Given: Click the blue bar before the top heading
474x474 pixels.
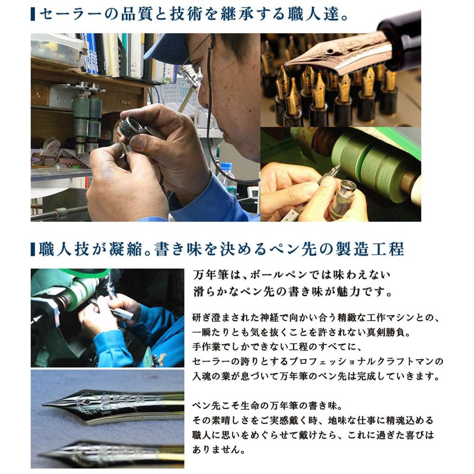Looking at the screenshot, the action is (x=33, y=14).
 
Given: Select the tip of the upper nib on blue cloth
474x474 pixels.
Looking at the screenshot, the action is (x=44, y=404).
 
